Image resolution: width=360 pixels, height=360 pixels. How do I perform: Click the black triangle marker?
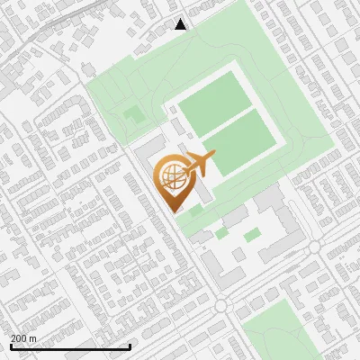tap(181, 24)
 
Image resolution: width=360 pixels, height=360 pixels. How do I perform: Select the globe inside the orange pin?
tap(170, 176)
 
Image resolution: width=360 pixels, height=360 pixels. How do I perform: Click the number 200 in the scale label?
tap(19, 338)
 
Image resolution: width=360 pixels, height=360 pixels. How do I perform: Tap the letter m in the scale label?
tap(34, 338)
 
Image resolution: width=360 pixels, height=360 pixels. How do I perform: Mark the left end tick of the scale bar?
tap(11, 346)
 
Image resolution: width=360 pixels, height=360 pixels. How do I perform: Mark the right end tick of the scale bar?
tap(130, 346)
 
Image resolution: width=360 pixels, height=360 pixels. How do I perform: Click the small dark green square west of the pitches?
tap(134, 115)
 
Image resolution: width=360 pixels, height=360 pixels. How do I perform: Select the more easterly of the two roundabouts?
tap(314, 246)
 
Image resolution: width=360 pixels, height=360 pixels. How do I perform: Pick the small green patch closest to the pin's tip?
tap(194, 211)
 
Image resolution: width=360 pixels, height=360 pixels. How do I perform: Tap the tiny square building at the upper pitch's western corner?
tap(168, 110)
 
